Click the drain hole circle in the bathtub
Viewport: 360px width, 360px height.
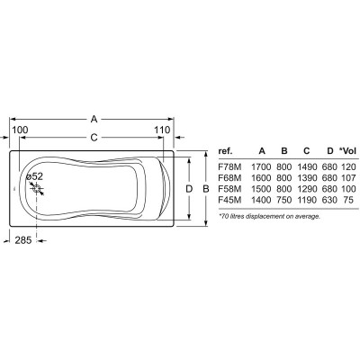pos(37,189)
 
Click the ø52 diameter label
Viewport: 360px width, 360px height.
pos(34,176)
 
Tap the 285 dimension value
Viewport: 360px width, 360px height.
pos(23,240)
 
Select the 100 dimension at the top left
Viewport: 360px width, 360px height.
pos(20,130)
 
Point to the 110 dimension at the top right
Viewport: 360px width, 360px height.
pos(162,130)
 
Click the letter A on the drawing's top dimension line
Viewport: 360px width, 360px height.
pos(94,119)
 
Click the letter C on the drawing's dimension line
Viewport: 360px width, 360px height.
pos(94,138)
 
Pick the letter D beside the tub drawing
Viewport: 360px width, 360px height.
pos(189,189)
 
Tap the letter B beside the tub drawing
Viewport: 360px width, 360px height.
pos(206,189)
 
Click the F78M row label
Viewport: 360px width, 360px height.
pos(229,166)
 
